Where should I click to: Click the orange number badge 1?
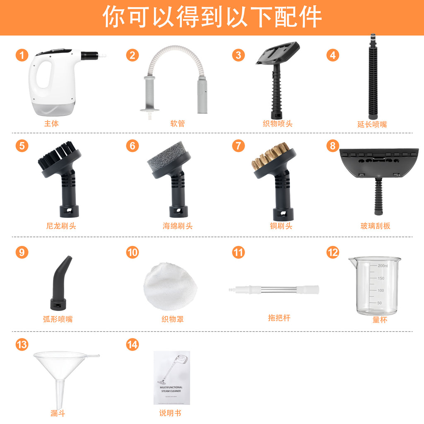click(x=22, y=55)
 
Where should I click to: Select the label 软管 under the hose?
click(x=178, y=123)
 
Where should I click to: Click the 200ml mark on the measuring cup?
click(x=382, y=266)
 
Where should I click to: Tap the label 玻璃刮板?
click(x=375, y=226)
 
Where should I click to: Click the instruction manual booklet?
click(x=171, y=378)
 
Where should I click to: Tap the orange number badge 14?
click(x=132, y=344)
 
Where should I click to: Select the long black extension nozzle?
click(x=373, y=79)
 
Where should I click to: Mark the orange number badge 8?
click(x=332, y=146)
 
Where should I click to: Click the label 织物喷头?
click(x=277, y=123)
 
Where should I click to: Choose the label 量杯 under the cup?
click(x=380, y=320)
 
